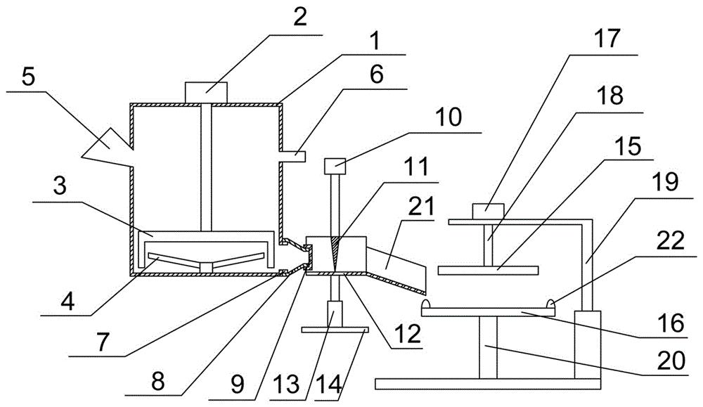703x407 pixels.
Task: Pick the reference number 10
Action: [448, 117]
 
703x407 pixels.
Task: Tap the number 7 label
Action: [103, 342]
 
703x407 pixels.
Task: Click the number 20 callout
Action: [671, 359]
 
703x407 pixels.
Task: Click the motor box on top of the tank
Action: [206, 93]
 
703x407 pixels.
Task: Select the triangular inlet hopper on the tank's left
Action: [108, 147]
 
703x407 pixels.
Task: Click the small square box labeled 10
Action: [335, 166]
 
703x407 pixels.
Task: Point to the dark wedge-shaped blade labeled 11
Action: [335, 253]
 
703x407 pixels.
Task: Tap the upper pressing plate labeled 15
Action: [489, 271]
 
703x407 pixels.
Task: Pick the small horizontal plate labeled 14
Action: [335, 330]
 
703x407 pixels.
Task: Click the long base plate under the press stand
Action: [487, 384]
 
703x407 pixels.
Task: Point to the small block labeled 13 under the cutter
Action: [335, 314]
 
